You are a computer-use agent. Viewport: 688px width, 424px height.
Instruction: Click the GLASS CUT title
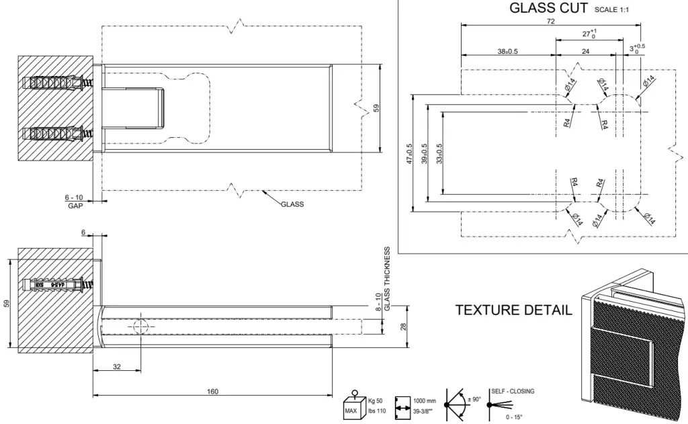pyautogui.click(x=549, y=8)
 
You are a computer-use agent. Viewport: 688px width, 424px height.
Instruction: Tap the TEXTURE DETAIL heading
pyautogui.click(x=514, y=310)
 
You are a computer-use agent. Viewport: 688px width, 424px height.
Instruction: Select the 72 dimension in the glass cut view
pyautogui.click(x=551, y=21)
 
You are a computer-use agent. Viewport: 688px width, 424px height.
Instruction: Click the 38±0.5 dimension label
pyautogui.click(x=507, y=51)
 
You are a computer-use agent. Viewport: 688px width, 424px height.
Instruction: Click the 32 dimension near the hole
pyautogui.click(x=117, y=367)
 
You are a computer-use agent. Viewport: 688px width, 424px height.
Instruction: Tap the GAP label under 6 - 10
pyautogui.click(x=75, y=205)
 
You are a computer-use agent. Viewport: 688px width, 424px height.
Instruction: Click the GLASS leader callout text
pyautogui.click(x=292, y=204)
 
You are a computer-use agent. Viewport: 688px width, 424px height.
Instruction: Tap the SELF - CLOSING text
pyautogui.click(x=513, y=391)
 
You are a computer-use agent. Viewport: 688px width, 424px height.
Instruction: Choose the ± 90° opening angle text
pyautogui.click(x=475, y=400)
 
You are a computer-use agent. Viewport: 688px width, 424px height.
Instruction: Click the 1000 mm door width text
pyautogui.click(x=424, y=400)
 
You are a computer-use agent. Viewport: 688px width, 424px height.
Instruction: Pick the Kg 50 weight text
pyautogui.click(x=376, y=400)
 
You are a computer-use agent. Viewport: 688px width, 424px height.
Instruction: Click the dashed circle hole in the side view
pyautogui.click(x=141, y=327)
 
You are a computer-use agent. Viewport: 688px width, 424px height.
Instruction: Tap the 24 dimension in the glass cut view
pyautogui.click(x=585, y=51)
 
